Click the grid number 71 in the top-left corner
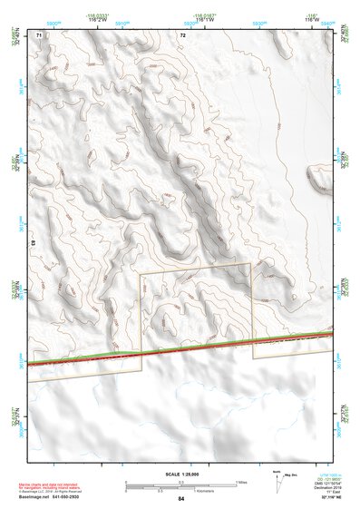pos(39,34)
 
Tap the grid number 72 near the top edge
pos(183,34)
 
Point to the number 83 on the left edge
pos(34,243)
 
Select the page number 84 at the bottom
pos(181,499)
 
